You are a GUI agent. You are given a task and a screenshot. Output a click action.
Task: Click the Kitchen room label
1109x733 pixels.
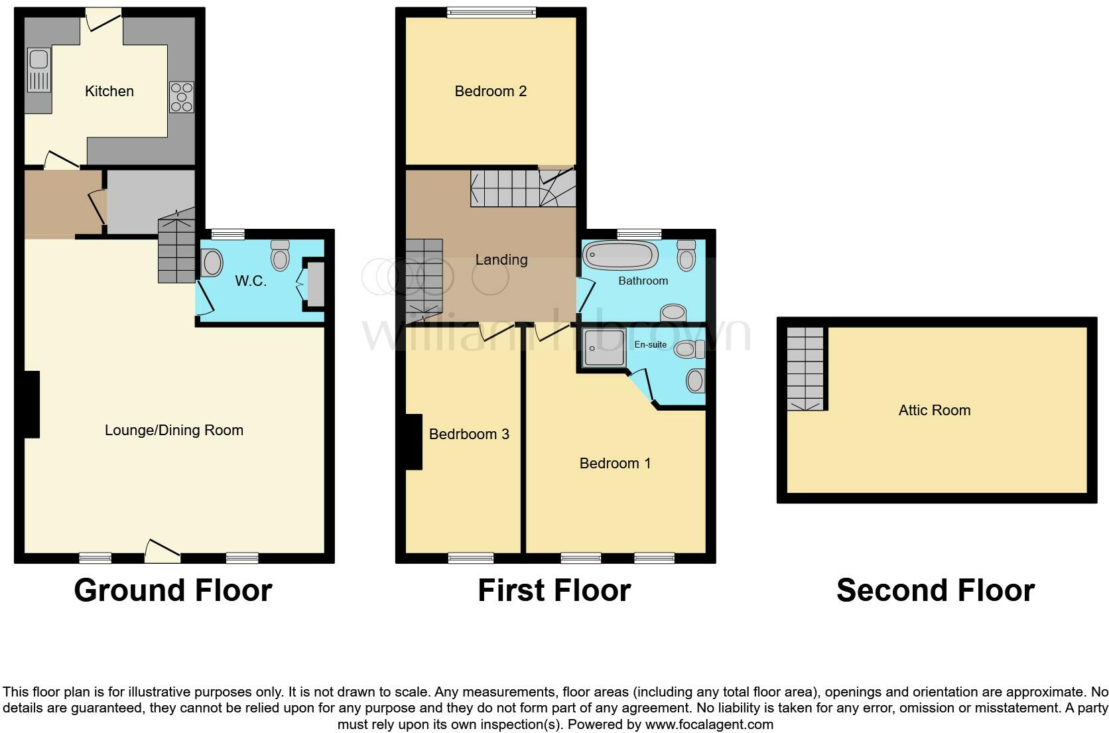[109, 92]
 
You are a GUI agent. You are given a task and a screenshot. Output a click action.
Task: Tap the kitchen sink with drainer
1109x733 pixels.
[38, 70]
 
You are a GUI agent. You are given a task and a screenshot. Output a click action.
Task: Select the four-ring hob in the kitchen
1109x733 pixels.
[182, 97]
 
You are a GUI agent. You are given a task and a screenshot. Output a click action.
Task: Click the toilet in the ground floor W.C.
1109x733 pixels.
[281, 255]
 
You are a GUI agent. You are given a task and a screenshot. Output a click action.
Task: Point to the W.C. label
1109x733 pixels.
[251, 281]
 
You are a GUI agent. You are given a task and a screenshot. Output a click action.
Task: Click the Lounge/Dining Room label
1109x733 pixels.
[174, 431]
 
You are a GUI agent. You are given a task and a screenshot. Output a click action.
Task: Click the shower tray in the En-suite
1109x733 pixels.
[604, 348]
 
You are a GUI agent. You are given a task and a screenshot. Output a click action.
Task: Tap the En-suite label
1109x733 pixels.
[650, 345]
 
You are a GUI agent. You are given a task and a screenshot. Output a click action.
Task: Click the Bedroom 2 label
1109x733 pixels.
[490, 92]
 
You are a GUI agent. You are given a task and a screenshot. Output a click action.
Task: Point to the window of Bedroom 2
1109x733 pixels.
[491, 12]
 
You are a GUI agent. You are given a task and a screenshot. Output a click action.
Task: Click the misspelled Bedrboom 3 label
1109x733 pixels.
[469, 434]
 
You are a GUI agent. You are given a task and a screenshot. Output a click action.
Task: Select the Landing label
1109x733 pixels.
[501, 260]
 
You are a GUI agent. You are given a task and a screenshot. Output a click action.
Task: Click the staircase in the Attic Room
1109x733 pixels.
[805, 369]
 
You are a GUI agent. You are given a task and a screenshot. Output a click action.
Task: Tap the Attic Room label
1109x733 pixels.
[934, 411]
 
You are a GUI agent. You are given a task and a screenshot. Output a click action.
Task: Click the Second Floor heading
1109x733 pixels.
[935, 590]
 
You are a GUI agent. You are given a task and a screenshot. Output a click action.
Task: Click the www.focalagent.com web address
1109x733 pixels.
[709, 724]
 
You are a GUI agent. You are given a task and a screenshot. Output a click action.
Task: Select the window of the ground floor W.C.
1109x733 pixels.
[228, 234]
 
